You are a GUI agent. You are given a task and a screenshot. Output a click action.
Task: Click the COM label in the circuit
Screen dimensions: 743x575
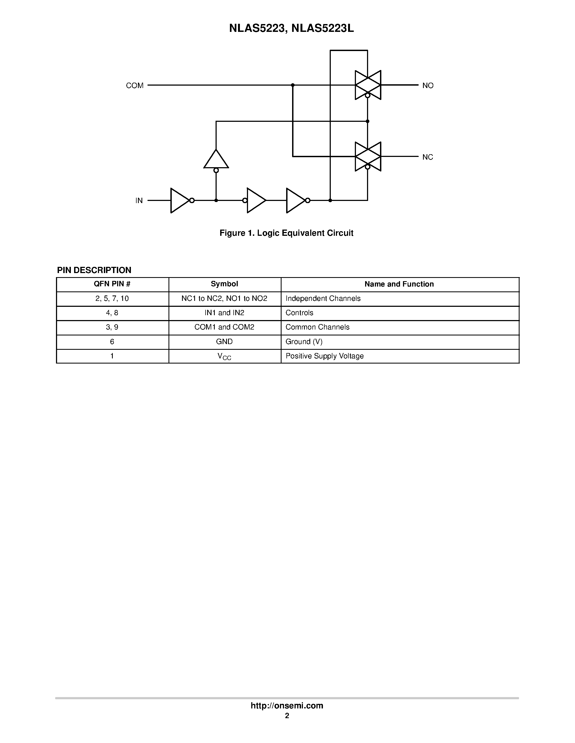pyautogui.click(x=134, y=85)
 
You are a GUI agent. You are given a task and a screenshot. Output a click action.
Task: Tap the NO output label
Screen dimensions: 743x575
pyautogui.click(x=428, y=85)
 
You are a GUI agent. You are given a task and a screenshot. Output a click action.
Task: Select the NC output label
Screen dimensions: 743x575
pyautogui.click(x=428, y=157)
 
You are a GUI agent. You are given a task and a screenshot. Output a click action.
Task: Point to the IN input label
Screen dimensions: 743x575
pyautogui.click(x=139, y=201)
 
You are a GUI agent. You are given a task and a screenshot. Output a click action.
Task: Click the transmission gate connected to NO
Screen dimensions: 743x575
pyautogui.click(x=368, y=85)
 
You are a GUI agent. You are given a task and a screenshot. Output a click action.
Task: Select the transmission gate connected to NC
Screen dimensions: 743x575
pyautogui.click(x=368, y=156)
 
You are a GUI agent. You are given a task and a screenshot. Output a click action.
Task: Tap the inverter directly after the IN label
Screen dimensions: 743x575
pyautogui.click(x=180, y=201)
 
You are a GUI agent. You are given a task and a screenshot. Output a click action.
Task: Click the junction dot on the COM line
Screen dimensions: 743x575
pyautogui.click(x=293, y=85)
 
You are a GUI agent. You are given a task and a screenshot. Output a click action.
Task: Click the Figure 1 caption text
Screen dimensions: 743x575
pyautogui.click(x=286, y=233)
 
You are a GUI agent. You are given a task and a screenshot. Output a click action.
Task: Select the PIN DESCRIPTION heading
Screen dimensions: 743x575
pyautogui.click(x=94, y=270)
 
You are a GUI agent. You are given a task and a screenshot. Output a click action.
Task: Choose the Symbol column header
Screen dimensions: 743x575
pyautogui.click(x=224, y=284)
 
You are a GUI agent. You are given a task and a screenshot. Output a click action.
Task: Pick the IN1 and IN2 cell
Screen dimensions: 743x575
pyautogui.click(x=224, y=313)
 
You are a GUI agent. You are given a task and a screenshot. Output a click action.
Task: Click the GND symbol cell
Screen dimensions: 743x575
pyautogui.click(x=224, y=342)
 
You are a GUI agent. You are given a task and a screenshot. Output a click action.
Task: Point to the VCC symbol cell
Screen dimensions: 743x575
pyautogui.click(x=224, y=356)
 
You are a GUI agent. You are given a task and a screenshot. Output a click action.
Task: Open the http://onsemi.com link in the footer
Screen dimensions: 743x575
pyautogui.click(x=287, y=705)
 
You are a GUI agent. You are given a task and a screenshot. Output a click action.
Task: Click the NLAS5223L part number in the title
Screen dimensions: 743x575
pyautogui.click(x=323, y=29)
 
